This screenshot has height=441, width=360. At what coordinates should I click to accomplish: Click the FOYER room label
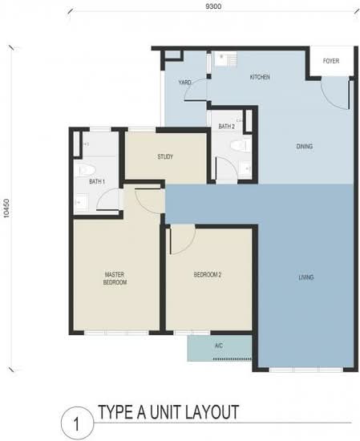pos(331,61)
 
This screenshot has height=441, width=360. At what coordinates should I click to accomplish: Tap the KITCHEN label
pos(260,77)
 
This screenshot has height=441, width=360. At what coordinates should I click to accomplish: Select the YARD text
pos(184,82)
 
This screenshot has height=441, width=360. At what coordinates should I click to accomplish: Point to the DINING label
pos(305,146)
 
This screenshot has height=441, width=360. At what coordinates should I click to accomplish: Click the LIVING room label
pos(305,277)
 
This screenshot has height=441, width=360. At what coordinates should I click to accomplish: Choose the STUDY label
pos(165,156)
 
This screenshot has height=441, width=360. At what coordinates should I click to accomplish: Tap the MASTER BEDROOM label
pos(115,278)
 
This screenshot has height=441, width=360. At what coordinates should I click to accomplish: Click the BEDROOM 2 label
pos(208,274)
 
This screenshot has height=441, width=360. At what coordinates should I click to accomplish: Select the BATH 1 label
pos(97,182)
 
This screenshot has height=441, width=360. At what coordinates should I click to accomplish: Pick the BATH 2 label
pos(226,126)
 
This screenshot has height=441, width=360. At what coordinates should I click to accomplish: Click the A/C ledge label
pos(219,346)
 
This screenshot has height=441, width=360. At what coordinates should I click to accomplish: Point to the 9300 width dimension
pos(213,6)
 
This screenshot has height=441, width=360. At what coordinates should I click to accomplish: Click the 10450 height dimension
pos(6,208)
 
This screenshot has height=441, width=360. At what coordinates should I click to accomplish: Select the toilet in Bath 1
pos(87,170)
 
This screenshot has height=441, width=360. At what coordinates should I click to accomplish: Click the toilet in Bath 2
pos(240,146)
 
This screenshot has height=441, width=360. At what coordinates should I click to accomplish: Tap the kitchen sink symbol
pos(222,59)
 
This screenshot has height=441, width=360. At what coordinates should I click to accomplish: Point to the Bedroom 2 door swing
pos(183,240)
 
